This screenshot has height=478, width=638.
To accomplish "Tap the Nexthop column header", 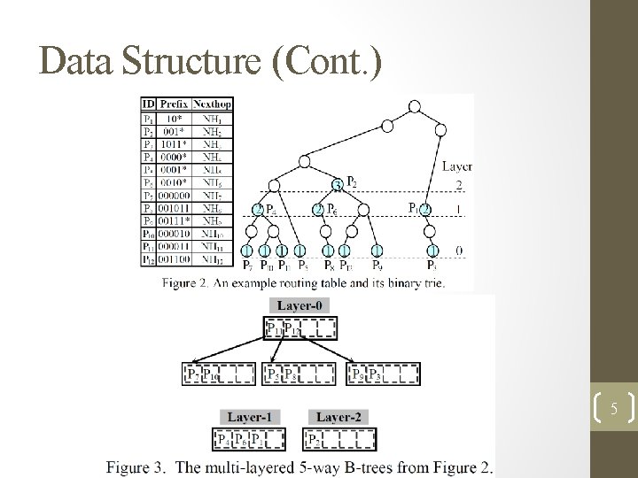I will (x=213, y=104).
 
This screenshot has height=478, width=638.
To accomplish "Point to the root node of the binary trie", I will (x=414, y=106).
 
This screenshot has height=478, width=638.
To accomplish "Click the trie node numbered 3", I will (x=337, y=185).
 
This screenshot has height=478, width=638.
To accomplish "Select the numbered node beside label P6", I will (x=317, y=210).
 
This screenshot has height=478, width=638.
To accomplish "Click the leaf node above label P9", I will (x=377, y=251).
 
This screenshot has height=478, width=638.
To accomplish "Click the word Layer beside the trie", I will (x=457, y=166).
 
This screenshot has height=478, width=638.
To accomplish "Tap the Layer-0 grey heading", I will (x=300, y=305).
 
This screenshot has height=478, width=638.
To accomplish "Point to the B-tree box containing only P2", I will (x=340, y=438).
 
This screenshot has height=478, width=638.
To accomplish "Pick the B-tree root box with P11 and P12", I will (x=300, y=330).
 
